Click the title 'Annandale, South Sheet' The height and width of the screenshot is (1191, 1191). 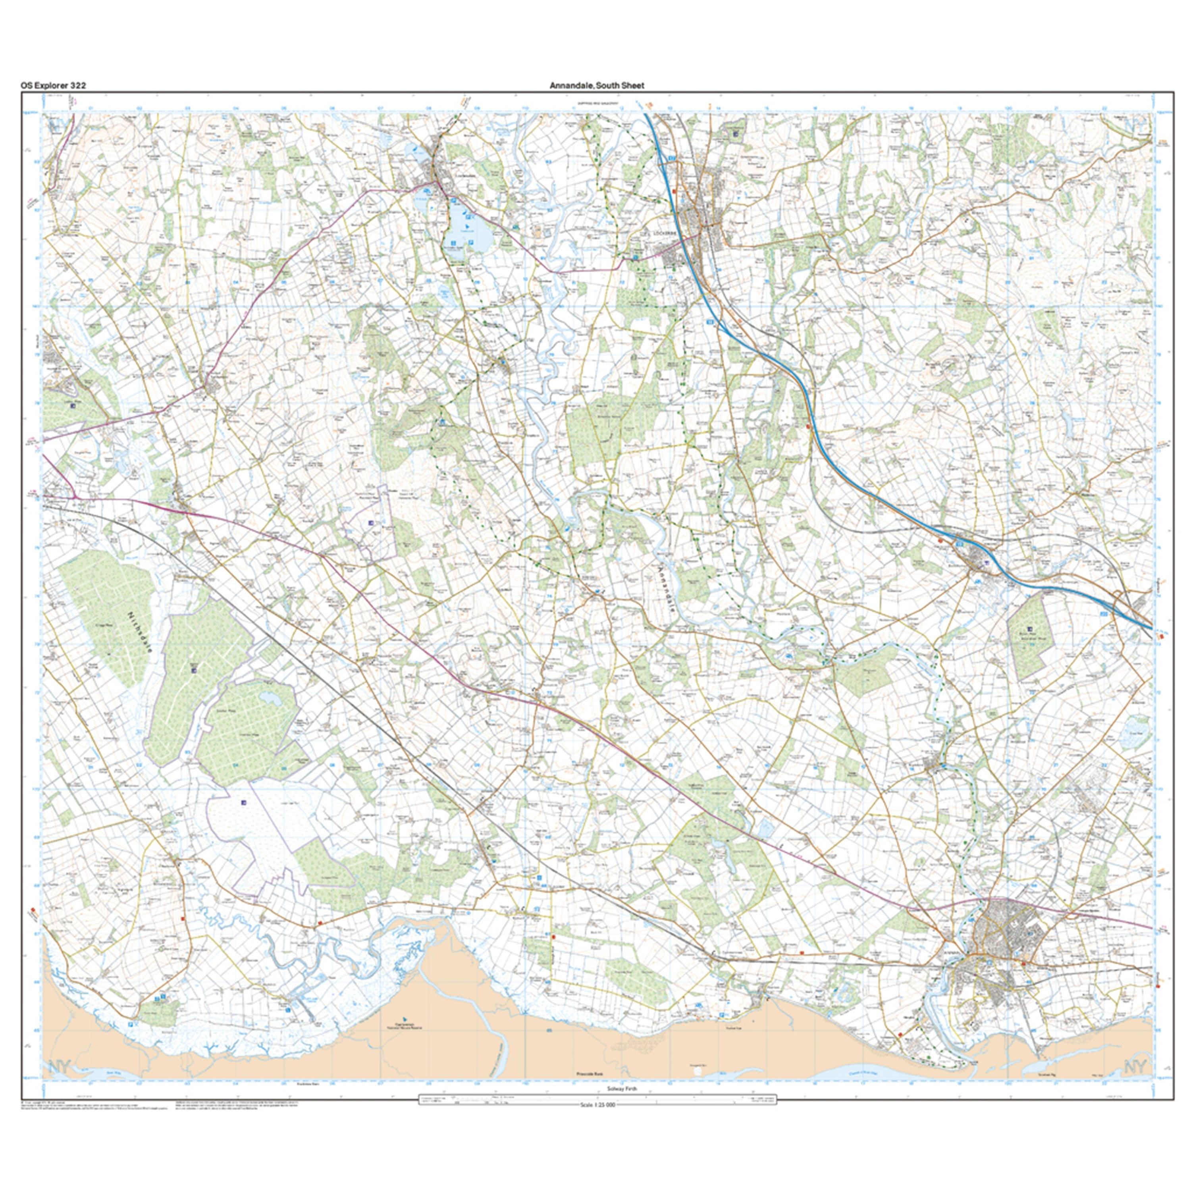click(x=596, y=86)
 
